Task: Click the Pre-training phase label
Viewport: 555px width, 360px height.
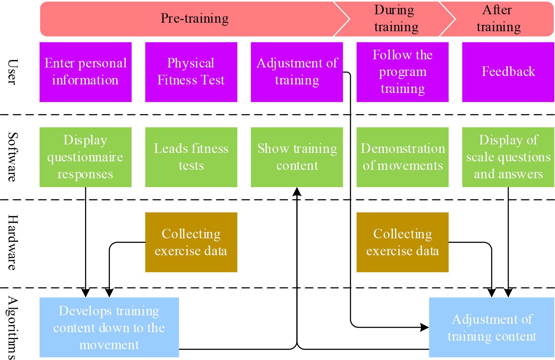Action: pyautogui.click(x=194, y=18)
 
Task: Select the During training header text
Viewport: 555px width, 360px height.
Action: pyautogui.click(x=396, y=19)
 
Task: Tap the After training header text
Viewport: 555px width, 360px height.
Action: pyautogui.click(x=498, y=19)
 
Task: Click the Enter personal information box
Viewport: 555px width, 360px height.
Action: pyautogui.click(x=85, y=72)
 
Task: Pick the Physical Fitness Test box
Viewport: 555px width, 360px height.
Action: pyautogui.click(x=191, y=72)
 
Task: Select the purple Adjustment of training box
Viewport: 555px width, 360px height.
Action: pyautogui.click(x=297, y=72)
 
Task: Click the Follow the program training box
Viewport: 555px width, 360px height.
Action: pyautogui.click(x=402, y=72)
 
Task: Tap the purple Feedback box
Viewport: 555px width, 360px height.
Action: pyautogui.click(x=508, y=72)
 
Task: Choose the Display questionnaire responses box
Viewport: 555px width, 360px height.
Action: pyautogui.click(x=85, y=157)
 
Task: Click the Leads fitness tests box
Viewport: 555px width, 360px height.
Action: pyautogui.click(x=191, y=157)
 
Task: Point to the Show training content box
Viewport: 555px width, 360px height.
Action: pyautogui.click(x=297, y=157)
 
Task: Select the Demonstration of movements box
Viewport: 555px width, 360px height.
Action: pyautogui.click(x=402, y=157)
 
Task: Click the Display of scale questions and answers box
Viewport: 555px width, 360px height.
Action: pyautogui.click(x=508, y=157)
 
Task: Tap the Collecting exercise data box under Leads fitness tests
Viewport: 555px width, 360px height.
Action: pyautogui.click(x=191, y=242)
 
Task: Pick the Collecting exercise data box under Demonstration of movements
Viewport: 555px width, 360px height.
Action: pyautogui.click(x=402, y=242)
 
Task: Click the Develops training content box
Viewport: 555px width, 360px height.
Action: pyautogui.click(x=109, y=327)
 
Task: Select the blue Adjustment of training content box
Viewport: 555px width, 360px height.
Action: pyautogui.click(x=492, y=327)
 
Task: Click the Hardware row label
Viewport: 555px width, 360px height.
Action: pyautogui.click(x=12, y=242)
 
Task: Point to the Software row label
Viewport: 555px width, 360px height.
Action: pyautogui.click(x=12, y=157)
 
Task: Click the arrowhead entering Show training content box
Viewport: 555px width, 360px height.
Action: pyautogui.click(x=297, y=192)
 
